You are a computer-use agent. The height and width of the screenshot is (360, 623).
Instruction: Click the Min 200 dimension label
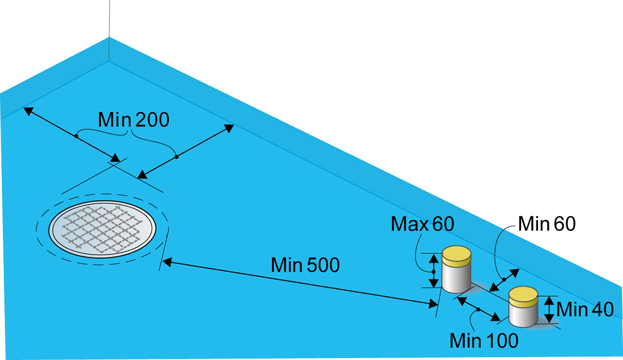(134, 120)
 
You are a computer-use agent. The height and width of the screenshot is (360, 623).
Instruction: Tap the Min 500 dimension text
(305, 264)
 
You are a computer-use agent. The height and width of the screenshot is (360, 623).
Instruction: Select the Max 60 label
(422, 224)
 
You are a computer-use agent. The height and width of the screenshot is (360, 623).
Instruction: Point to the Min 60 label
(547, 224)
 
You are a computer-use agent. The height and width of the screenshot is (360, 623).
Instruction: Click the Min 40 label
(585, 310)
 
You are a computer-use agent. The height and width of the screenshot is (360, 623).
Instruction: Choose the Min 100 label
(484, 340)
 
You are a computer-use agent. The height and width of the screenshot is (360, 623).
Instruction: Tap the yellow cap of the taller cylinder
(456, 255)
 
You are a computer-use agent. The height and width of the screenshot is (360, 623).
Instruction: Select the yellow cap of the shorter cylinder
(523, 296)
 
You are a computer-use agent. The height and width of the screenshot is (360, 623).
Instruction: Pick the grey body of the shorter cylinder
(523, 315)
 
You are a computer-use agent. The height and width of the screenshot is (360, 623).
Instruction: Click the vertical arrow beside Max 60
(434, 271)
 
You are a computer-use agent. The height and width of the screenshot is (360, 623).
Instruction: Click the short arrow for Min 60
(504, 279)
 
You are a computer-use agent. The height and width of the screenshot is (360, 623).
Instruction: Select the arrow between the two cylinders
(478, 309)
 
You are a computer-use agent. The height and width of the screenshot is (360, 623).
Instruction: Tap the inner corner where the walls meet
(109, 61)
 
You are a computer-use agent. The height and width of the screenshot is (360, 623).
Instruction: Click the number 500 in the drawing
(322, 264)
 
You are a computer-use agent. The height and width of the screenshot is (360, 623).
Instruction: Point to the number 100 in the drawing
(499, 340)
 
